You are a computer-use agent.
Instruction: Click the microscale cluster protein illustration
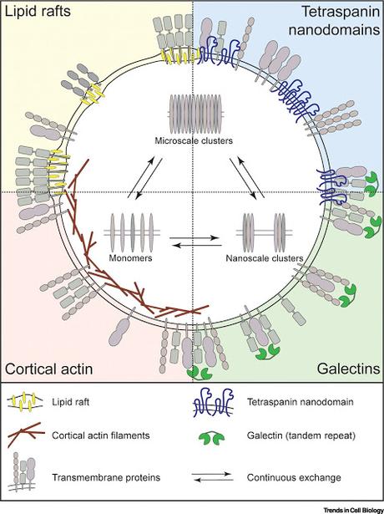tap(192, 112)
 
